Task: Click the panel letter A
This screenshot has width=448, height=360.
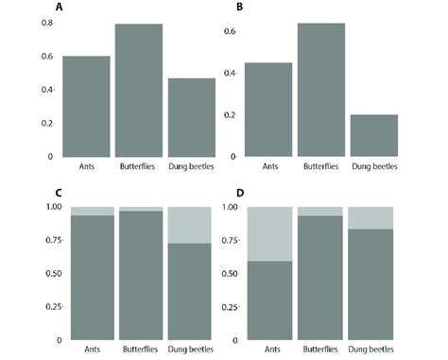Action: pyautogui.click(x=60, y=9)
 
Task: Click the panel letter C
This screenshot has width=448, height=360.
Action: pyautogui.click(x=60, y=194)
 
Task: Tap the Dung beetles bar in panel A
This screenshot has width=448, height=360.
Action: pyautogui.click(x=192, y=117)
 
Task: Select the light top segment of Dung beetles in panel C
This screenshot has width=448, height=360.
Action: pyautogui.click(x=192, y=225)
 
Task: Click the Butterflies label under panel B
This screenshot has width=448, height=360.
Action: pyautogui.click(x=321, y=167)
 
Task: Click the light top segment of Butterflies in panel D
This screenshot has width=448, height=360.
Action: pyautogui.click(x=321, y=211)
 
